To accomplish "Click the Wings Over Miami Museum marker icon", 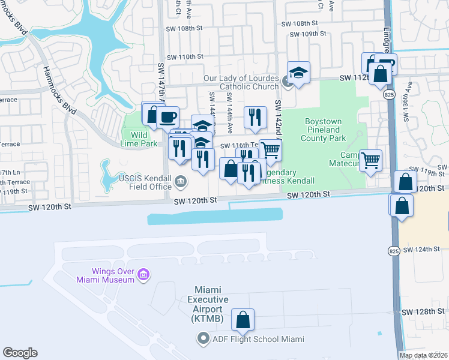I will [x=143, y=275].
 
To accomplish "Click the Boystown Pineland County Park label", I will [x=322, y=130].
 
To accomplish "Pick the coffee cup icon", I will [x=167, y=116].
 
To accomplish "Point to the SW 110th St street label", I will [x=185, y=56].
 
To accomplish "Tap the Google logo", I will [x=20, y=353].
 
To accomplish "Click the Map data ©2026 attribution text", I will [x=424, y=355].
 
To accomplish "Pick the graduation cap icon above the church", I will [x=298, y=72].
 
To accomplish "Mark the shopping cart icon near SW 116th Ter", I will [x=271, y=149].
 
